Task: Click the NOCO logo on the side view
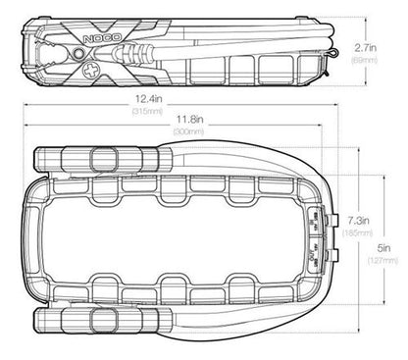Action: tap(102, 38)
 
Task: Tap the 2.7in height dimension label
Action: tap(366, 48)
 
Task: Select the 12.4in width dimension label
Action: tap(149, 98)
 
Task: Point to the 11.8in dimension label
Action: tap(190, 120)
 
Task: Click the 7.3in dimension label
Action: tap(358, 221)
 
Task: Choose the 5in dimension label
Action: tap(384, 248)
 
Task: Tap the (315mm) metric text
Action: tap(147, 112)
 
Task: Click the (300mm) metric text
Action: tap(188, 131)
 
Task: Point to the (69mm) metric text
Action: tap(364, 61)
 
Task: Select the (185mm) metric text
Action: tap(357, 233)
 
